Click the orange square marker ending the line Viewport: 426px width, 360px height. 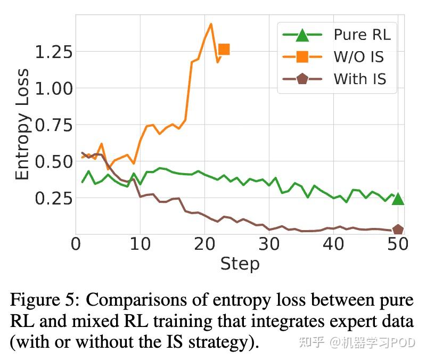coord(224,50)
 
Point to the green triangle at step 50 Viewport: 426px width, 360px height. coord(398,199)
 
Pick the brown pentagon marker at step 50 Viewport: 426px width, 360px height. coord(398,230)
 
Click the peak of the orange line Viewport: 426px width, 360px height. coord(211,24)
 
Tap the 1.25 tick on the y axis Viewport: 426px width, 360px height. coord(54,53)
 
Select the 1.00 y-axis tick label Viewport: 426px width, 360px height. coord(54,89)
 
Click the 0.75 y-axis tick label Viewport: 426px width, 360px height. coord(54,126)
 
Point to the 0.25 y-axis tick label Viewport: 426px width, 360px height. coord(54,199)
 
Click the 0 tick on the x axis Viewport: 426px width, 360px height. coord(76,245)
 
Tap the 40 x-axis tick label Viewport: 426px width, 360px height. coord(333,245)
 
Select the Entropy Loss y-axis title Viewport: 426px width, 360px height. coord(22,125)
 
